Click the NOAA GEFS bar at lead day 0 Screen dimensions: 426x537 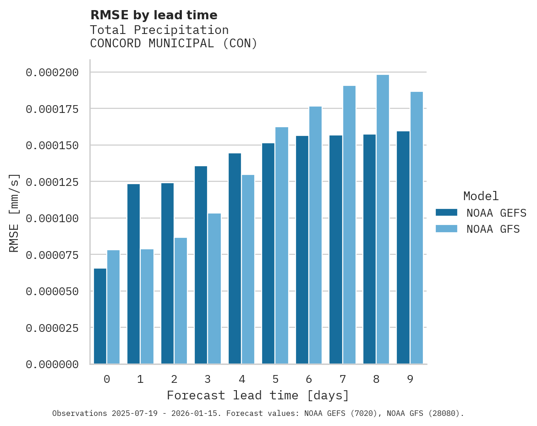click(x=100, y=316)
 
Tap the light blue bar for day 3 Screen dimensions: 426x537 click(x=214, y=289)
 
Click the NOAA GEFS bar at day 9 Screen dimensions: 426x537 click(x=403, y=248)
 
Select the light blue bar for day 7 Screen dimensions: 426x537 click(x=349, y=225)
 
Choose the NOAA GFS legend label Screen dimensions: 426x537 click(x=493, y=229)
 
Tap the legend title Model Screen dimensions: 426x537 click(x=481, y=196)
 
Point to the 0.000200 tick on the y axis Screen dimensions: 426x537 click(x=52, y=73)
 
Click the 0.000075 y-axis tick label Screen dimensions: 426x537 click(x=52, y=255)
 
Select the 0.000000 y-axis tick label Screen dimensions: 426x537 click(x=52, y=364)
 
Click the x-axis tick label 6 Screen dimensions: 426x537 click(x=309, y=380)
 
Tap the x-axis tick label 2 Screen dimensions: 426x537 click(x=174, y=380)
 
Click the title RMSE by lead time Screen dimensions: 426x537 click(x=153, y=15)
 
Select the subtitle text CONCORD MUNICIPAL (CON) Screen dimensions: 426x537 click(x=174, y=44)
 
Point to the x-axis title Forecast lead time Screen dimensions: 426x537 click(x=258, y=396)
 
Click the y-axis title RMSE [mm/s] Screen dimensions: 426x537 click(x=15, y=213)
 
